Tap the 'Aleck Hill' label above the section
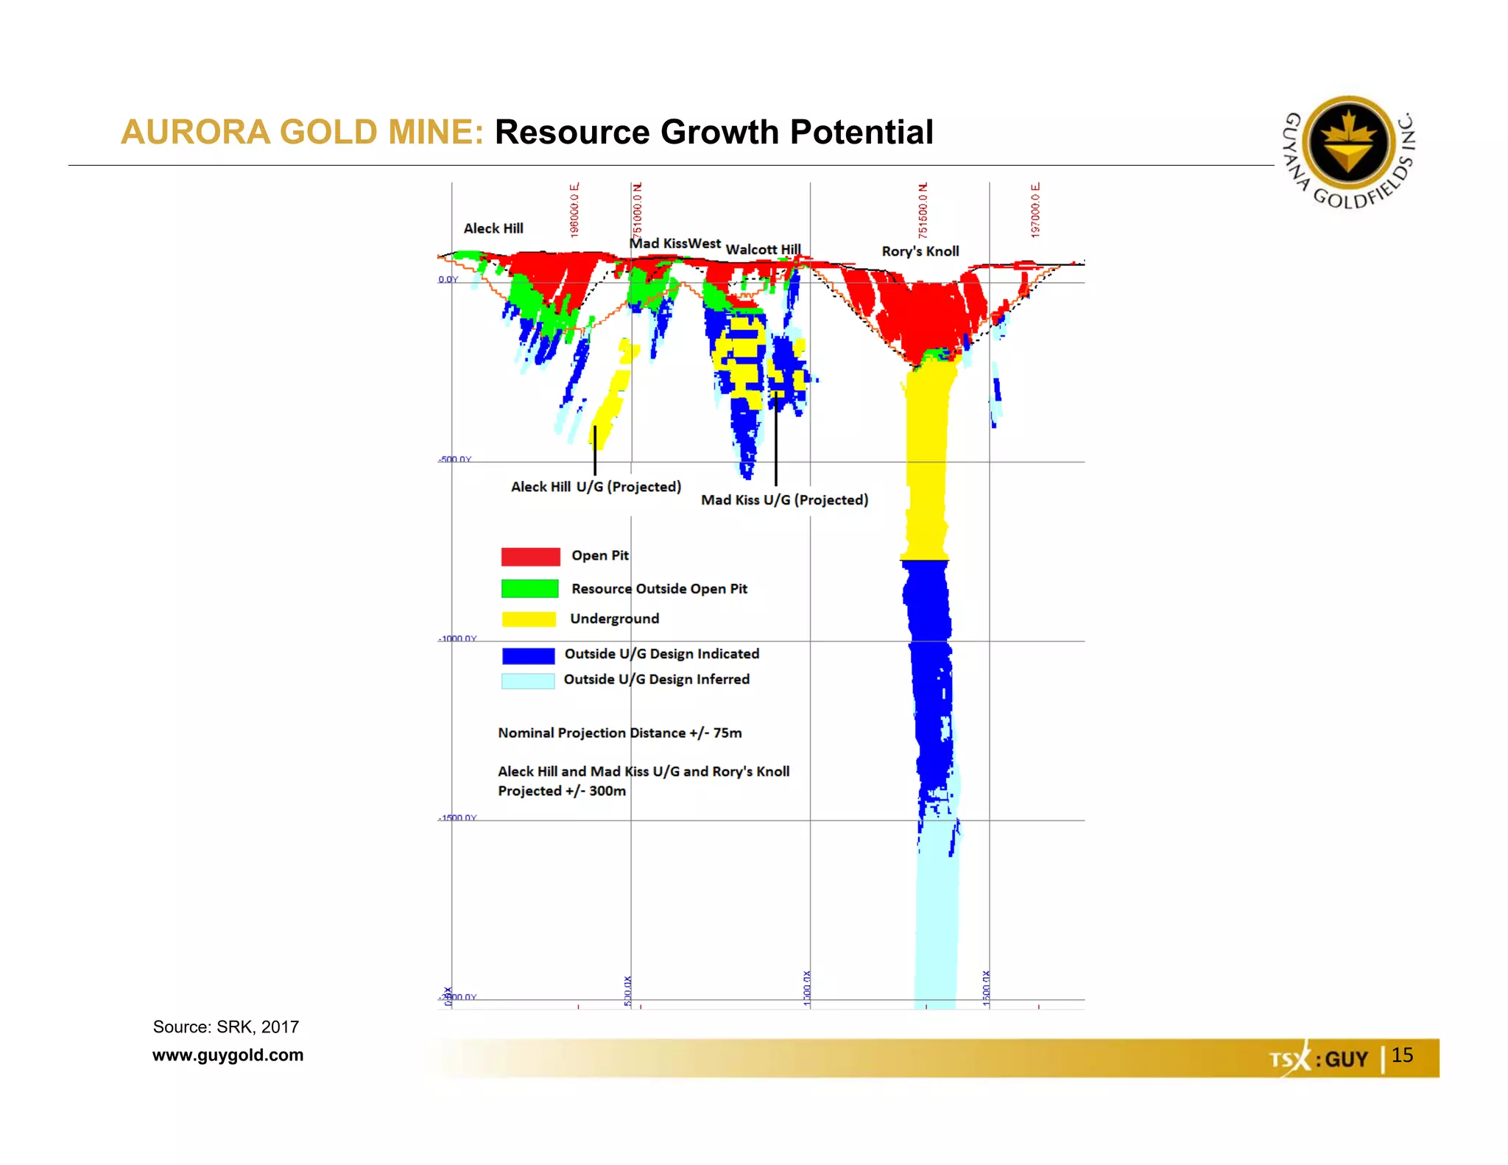click(493, 228)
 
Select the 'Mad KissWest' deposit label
click(674, 243)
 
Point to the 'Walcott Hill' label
click(763, 250)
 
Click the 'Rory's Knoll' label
click(920, 251)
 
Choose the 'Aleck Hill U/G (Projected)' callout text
click(596, 487)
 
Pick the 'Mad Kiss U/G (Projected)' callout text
click(784, 500)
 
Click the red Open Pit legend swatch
click(530, 557)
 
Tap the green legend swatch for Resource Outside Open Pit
click(529, 588)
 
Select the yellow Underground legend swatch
click(529, 619)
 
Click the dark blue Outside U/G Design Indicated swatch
click(528, 655)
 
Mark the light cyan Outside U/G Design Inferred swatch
click(528, 680)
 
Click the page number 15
click(1402, 1055)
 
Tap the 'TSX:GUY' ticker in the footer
click(1318, 1059)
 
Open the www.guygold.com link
click(228, 1055)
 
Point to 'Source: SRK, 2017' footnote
click(225, 1027)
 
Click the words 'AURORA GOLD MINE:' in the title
click(302, 133)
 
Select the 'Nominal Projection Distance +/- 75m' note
click(619, 733)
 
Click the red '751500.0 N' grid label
click(923, 210)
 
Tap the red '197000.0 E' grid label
click(1035, 210)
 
